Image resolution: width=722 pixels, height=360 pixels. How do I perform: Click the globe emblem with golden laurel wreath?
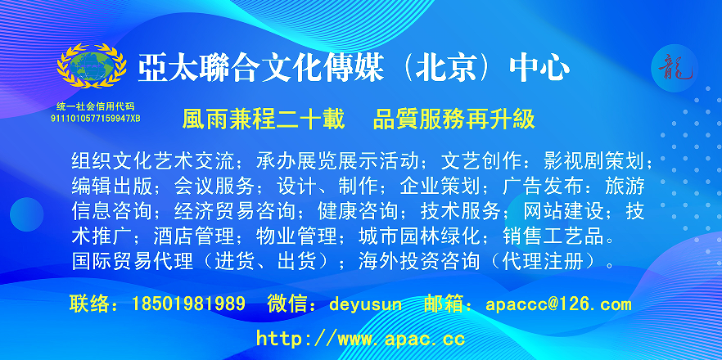point(92,65)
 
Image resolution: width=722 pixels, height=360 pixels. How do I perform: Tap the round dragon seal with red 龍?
point(675,69)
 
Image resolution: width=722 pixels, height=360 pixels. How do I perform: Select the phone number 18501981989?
point(188,304)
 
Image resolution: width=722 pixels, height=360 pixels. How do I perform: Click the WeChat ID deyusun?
point(365,304)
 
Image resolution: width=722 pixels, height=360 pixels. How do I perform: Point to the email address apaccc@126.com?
point(558,304)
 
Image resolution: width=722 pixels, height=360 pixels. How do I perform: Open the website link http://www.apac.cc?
point(360,339)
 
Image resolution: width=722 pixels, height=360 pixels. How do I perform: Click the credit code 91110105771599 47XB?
point(95,119)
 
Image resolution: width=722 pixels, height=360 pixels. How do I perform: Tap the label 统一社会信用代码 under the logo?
point(95,107)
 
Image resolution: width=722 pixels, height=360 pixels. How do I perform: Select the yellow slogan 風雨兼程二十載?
point(264,119)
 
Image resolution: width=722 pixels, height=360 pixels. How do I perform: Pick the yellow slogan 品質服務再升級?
point(454,119)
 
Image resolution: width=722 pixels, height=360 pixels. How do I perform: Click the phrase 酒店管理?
point(193,236)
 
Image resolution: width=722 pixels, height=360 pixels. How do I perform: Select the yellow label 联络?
point(90,304)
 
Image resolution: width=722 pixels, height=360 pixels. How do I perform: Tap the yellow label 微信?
point(287,304)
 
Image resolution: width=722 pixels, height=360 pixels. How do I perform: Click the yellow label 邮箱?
point(443,304)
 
